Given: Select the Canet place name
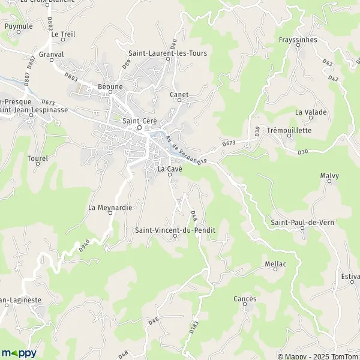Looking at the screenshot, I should coord(179,95).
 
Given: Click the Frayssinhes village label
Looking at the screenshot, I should coord(298,40).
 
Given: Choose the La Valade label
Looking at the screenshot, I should coord(311,112).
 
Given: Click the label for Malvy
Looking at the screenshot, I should coord(329,176).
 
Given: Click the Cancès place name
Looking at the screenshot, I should coord(245,299).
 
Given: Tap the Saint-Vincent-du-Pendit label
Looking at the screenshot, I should coord(175,229).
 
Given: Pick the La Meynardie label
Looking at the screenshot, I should coord(110,208).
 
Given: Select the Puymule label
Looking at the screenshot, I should coord(19,26).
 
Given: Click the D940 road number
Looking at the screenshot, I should coord(83,245).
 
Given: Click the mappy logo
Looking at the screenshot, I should coord(19,353).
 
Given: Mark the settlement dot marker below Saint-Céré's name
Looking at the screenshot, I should coord(139,128).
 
